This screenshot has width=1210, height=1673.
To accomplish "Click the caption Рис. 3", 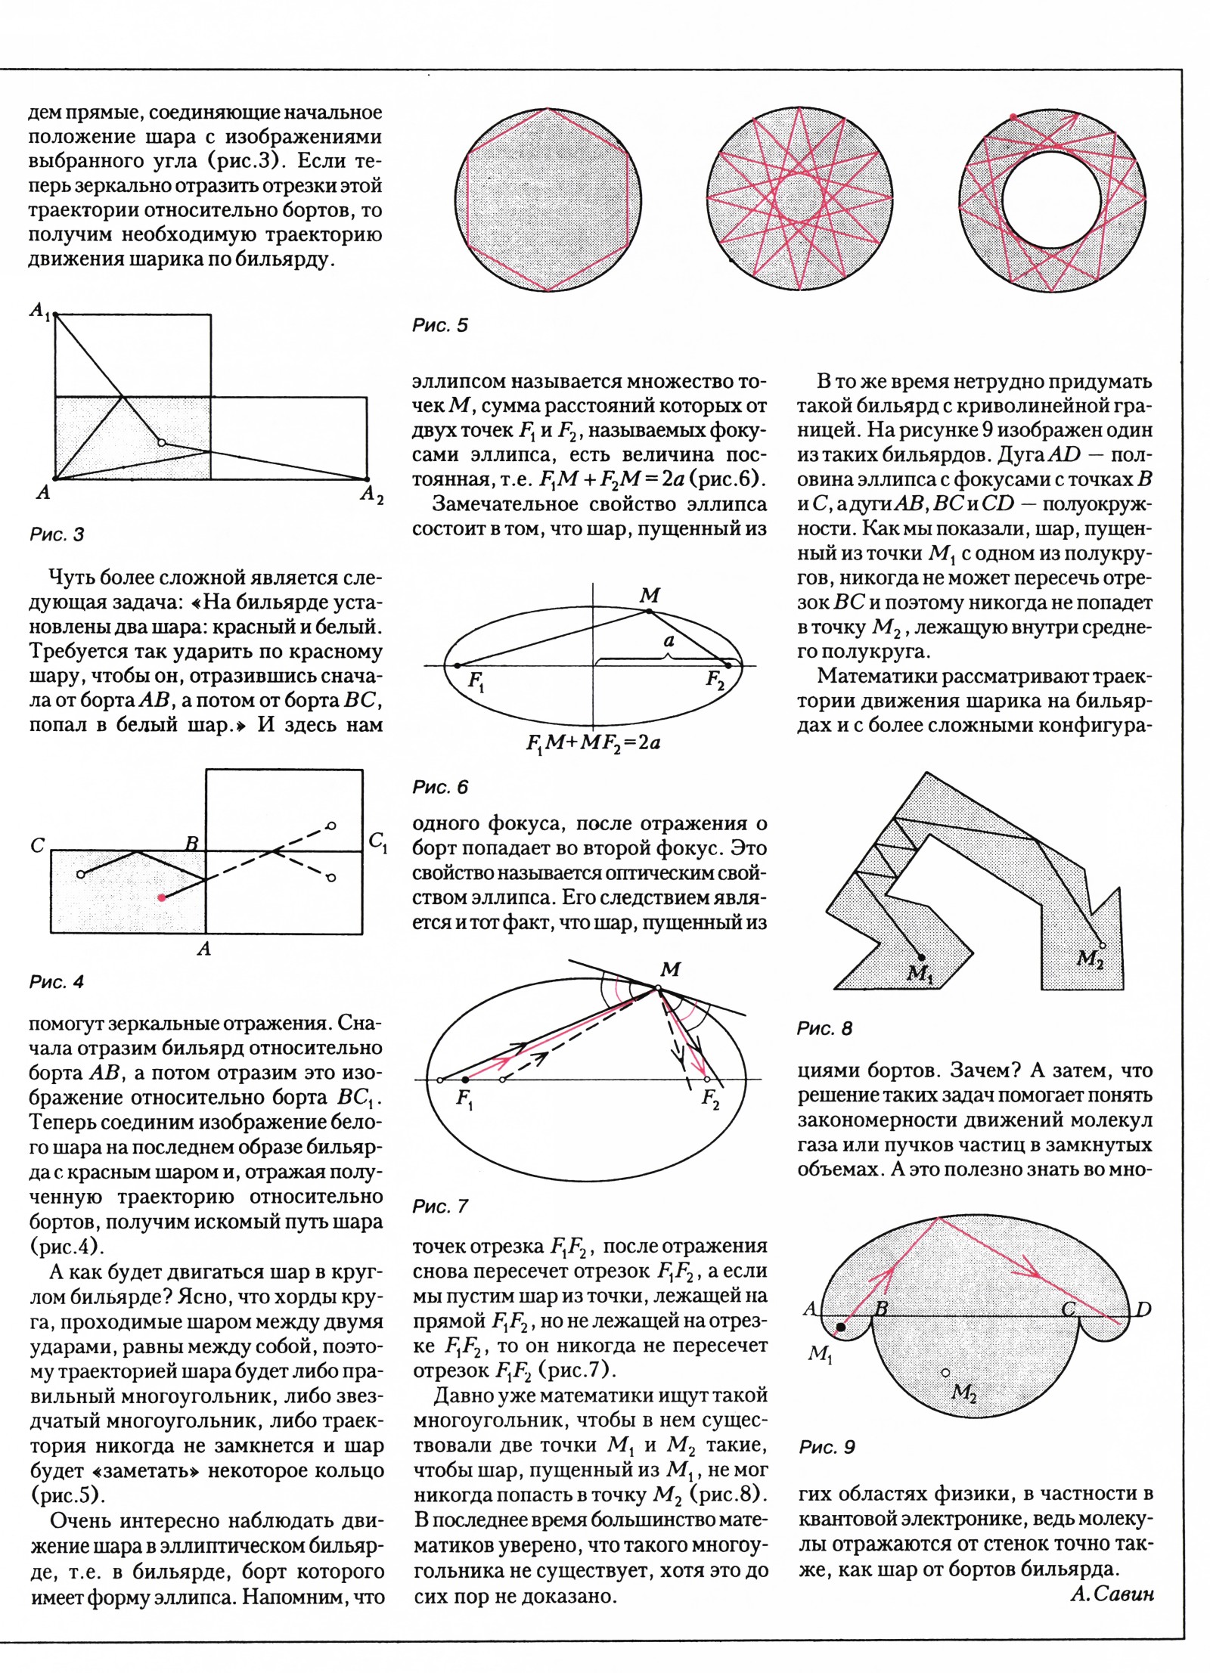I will (57, 535).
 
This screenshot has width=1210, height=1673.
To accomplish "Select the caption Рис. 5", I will (440, 326).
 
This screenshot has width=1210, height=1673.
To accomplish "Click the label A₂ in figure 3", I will (371, 495).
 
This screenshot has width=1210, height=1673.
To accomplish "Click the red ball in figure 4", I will (162, 897).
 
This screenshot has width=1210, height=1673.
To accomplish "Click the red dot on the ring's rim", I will (1013, 116).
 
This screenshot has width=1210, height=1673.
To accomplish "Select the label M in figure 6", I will (649, 596).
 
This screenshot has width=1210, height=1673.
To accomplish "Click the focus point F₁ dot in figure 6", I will (457, 665).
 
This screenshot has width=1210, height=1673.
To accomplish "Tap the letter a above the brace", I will (669, 640).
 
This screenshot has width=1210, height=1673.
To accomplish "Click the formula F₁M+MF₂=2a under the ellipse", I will (594, 742).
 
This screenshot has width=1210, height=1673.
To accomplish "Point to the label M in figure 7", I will (670, 969).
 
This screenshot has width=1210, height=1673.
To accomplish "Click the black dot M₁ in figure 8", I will (922, 955).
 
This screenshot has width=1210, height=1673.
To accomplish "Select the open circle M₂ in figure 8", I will (1102, 946).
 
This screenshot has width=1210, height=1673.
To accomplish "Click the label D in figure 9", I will (1143, 1309).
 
